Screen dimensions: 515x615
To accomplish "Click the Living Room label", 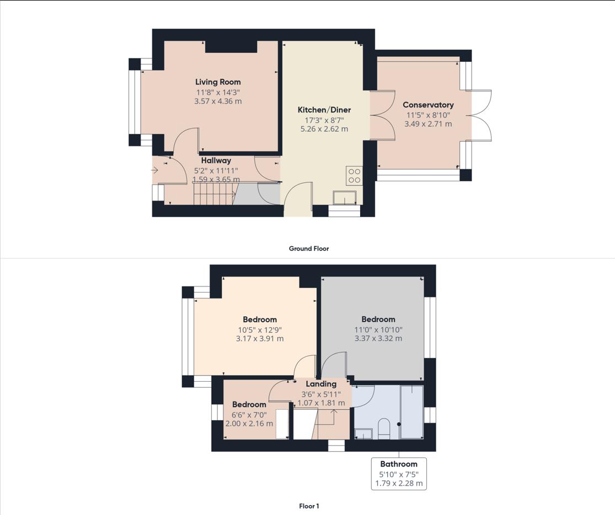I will [218, 82].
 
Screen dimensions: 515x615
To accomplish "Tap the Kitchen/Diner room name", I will [324, 110].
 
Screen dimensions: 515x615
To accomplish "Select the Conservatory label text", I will [428, 105].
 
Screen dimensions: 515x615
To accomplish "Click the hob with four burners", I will [354, 176].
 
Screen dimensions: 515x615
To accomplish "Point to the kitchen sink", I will [344, 198].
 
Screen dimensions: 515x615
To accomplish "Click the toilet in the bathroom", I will [384, 429].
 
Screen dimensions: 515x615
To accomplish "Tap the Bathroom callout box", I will [399, 474].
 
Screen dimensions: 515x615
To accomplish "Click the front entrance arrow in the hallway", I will [155, 170].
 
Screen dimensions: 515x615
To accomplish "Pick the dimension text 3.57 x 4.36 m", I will [218, 101].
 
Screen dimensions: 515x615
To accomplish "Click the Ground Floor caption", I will [309, 248].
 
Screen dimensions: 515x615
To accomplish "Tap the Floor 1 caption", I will [309, 506].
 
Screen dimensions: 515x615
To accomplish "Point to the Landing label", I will [321, 384].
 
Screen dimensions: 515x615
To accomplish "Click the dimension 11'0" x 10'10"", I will [378, 330].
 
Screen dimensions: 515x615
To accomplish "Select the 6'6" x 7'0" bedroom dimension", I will [249, 414].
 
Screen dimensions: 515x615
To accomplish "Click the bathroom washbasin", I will [363, 434].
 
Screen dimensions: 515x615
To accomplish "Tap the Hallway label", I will [216, 161].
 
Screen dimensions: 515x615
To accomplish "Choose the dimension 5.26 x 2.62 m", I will [324, 129].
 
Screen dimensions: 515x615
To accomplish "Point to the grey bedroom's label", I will [378, 319].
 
